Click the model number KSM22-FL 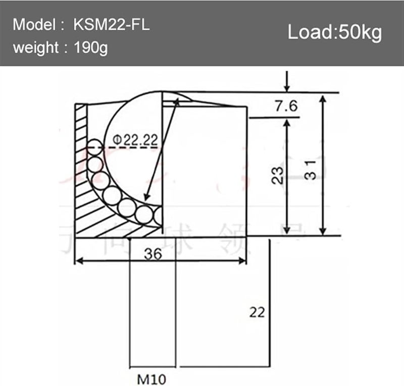[x=112, y=25]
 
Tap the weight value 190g [x=91, y=49]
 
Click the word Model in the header [x=33, y=25]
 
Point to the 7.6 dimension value [x=286, y=106]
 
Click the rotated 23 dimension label [x=277, y=176]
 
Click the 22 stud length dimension [x=257, y=312]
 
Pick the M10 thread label [x=152, y=377]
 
